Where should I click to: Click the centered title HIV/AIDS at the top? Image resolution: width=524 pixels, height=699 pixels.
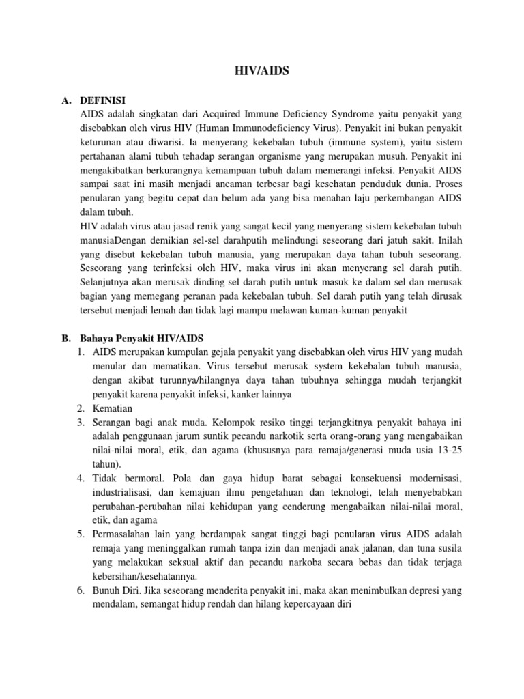pos(262,70)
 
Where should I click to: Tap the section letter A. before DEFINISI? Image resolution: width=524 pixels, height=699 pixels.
pos(66,100)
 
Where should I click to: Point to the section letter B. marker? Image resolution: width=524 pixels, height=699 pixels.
pos(66,339)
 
